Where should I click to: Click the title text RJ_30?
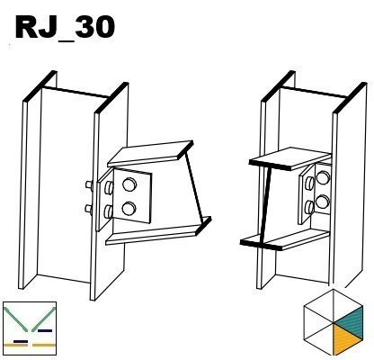[x=65, y=28]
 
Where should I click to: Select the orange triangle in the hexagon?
[x=345, y=340]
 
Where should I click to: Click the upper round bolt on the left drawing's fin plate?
[x=129, y=184]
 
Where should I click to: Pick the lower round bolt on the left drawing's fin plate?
[x=129, y=209]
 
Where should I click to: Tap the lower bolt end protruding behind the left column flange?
[x=89, y=209]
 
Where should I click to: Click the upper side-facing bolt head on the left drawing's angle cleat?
[x=108, y=187]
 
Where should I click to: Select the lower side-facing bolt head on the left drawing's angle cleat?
[x=108, y=211]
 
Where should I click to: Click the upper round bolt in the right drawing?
[x=323, y=177]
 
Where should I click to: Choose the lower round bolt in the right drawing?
[x=323, y=202]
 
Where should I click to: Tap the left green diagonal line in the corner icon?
[x=15, y=319]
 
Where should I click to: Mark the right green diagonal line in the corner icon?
[x=44, y=319]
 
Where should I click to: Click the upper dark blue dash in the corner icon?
[x=45, y=330]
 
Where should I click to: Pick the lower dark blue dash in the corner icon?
[x=21, y=341]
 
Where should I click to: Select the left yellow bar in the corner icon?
[x=16, y=346]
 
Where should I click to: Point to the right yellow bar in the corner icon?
[x=44, y=346]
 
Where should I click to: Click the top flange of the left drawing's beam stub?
[x=150, y=153]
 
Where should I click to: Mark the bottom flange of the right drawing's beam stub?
[x=285, y=239]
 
